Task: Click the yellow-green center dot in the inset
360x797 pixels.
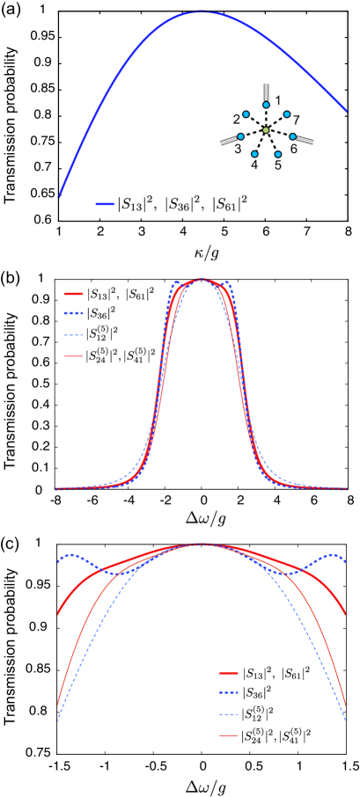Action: tap(266, 130)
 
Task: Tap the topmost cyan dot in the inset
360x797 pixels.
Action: tap(266, 105)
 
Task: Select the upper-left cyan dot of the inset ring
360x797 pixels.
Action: tap(246, 114)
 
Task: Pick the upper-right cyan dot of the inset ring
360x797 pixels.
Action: tap(286, 114)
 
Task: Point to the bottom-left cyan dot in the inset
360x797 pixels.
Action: tap(254, 154)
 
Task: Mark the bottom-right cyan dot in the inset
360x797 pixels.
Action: tap(277, 154)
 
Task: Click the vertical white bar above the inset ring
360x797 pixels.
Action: tap(266, 91)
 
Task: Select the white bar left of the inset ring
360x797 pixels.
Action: tap(228, 141)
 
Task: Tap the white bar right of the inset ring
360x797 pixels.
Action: tap(305, 140)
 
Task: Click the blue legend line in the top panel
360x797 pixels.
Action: tap(105, 204)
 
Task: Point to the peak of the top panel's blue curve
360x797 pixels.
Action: tap(202, 11)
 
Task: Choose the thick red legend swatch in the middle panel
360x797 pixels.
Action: tap(74, 294)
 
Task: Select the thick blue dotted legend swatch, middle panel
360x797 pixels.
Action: tap(74, 313)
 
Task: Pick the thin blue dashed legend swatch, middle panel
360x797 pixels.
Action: tap(74, 335)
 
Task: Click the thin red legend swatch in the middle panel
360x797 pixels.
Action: tap(74, 356)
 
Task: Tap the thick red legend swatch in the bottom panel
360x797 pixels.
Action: tap(229, 673)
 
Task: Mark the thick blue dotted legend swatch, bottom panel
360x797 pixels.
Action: tap(229, 692)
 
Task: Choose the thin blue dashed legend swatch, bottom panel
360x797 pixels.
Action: tap(229, 714)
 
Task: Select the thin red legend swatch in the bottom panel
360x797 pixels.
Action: tap(229, 735)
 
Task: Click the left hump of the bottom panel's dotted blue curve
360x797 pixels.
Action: tap(72, 555)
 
